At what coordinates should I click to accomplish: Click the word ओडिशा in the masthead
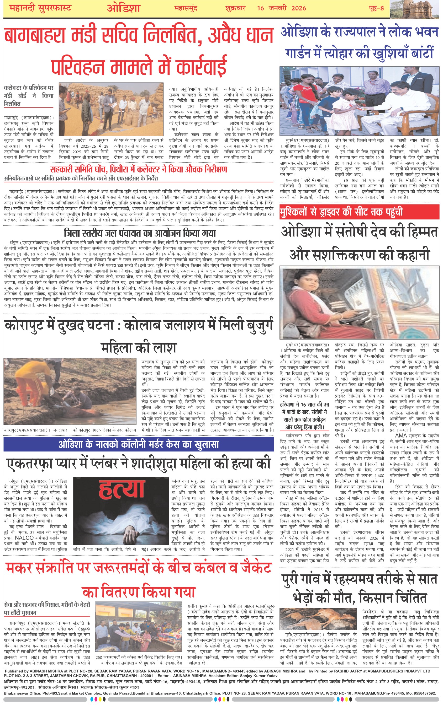[x=123, y=8]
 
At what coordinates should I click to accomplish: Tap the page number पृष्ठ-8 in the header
[x=376, y=8]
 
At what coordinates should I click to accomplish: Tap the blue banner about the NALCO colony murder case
[x=138, y=445]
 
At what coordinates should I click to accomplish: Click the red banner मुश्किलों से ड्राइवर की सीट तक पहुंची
[x=359, y=212]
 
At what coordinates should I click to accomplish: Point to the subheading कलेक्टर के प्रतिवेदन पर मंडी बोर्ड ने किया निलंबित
[x=28, y=96]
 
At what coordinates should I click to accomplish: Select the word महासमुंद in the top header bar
[x=186, y=8]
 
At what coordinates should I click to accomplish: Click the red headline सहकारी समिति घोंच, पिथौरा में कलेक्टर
[x=138, y=169]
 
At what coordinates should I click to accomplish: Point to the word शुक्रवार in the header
[x=235, y=8]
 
